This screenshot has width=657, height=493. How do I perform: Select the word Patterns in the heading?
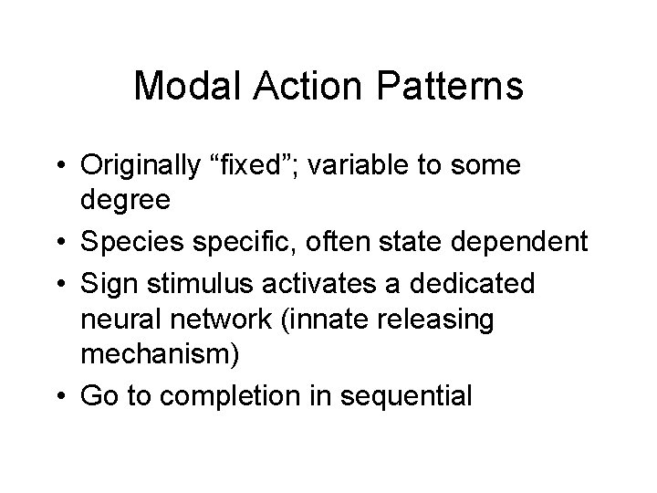(x=454, y=88)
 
